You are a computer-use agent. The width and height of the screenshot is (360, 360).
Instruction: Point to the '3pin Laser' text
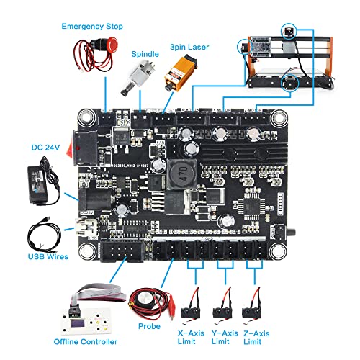(x=190, y=47)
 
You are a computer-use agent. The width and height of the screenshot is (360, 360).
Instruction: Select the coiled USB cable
(x=49, y=234)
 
